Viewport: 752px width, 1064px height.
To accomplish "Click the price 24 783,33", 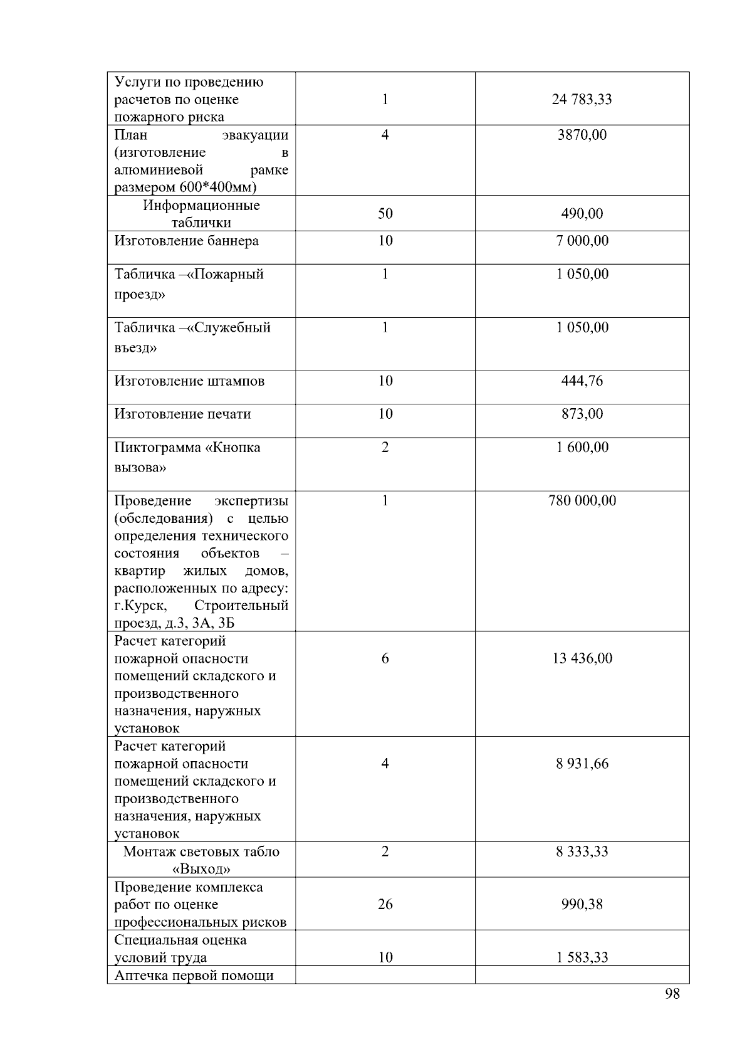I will [x=582, y=99].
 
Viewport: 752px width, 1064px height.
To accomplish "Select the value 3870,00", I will [x=582, y=135].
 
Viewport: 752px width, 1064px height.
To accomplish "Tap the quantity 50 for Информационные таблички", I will [x=385, y=214].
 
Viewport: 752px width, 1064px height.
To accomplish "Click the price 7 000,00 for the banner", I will [x=582, y=241].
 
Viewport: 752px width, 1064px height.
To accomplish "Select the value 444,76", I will [x=582, y=381].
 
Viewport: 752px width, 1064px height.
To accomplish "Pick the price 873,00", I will [x=582, y=414].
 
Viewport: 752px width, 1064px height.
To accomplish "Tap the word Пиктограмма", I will [x=157, y=448].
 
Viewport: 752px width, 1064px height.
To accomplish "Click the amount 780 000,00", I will [x=582, y=501].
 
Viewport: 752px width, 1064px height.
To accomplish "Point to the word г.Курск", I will [x=140, y=606].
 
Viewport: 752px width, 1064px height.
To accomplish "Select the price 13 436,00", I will [x=582, y=658].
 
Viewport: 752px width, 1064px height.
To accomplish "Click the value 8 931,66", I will [x=582, y=764].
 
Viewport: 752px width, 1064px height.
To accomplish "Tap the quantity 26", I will [x=385, y=905].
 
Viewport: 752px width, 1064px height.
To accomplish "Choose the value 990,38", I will [x=582, y=905].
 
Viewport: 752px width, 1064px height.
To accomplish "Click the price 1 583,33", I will [x=582, y=957].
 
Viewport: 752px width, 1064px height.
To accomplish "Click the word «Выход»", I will [x=201, y=869].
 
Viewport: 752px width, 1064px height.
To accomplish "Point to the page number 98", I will [x=672, y=994].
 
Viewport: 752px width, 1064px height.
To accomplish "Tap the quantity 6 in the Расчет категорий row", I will [x=385, y=658].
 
